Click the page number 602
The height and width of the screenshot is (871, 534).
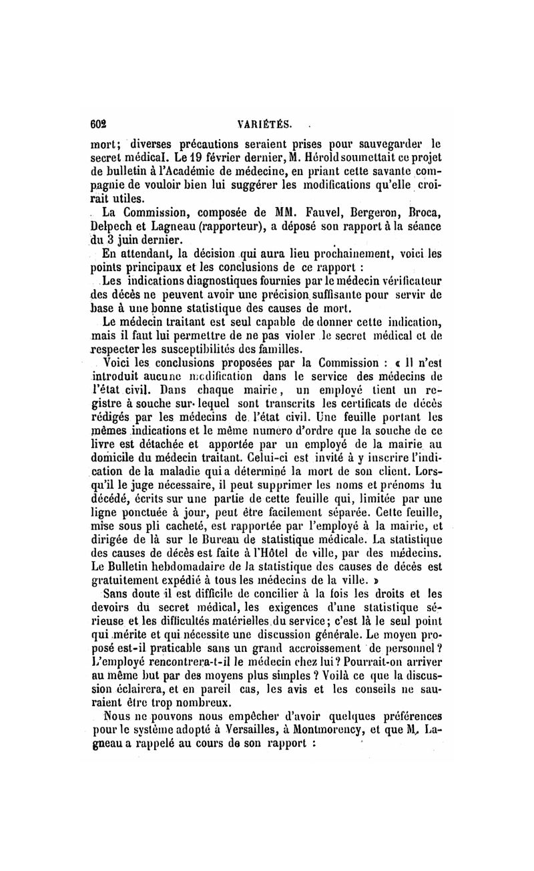click(99, 124)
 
